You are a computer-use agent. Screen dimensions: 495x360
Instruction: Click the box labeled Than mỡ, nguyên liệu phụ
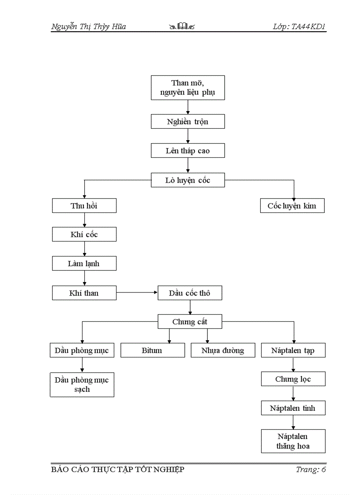point(187,88)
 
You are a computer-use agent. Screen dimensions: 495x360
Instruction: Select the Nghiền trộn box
point(187,122)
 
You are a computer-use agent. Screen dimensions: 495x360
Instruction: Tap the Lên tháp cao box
point(187,151)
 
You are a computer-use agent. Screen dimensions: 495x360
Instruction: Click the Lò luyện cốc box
point(187,180)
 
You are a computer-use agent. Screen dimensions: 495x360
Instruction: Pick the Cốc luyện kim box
point(292,206)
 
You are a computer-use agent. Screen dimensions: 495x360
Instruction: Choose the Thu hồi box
point(84,206)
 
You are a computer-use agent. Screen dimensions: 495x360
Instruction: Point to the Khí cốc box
point(84,234)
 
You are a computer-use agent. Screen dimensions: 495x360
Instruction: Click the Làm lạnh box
point(84,264)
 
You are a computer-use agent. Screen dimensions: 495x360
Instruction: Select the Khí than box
point(84,293)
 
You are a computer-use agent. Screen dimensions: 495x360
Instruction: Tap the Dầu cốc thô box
point(190,293)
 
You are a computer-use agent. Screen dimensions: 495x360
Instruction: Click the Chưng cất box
point(190,322)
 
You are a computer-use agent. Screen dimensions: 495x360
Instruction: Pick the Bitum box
point(152,350)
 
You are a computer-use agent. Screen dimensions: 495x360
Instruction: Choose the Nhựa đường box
point(223,350)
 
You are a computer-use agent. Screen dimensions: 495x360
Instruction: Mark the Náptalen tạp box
point(293,350)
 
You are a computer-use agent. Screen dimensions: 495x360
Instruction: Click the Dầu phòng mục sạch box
point(82,384)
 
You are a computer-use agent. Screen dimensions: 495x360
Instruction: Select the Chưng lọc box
point(293,379)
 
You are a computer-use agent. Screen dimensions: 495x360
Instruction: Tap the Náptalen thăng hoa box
point(293,441)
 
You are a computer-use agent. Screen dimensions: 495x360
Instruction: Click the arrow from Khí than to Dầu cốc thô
point(137,292)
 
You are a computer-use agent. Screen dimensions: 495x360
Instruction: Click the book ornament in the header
point(182,27)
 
